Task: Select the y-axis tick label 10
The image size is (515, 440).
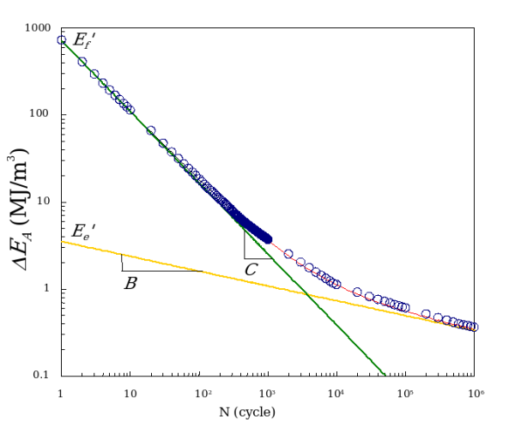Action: click(45, 202)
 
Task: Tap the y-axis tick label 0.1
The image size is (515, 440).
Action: click(42, 376)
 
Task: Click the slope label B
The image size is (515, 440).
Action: click(130, 282)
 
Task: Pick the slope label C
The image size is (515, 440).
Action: click(251, 269)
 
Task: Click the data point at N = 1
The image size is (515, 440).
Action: click(61, 40)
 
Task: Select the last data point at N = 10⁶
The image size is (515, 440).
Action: click(473, 327)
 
